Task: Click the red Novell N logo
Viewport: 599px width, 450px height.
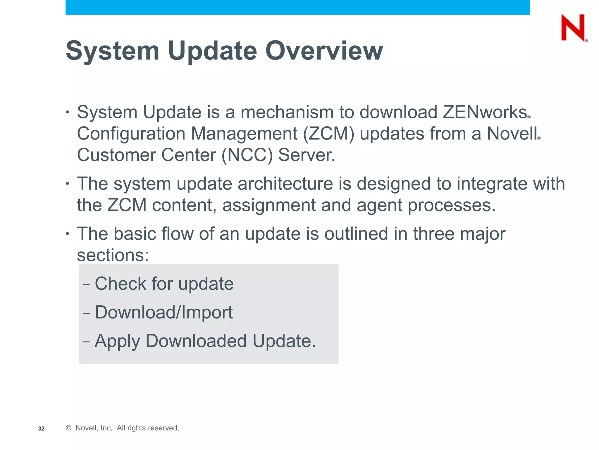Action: coord(573,28)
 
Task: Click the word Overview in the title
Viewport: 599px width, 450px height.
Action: coord(324,51)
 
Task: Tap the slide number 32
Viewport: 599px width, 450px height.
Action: coord(41,429)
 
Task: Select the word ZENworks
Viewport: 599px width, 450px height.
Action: coord(485,112)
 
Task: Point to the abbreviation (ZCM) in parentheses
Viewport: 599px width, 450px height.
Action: coord(328,134)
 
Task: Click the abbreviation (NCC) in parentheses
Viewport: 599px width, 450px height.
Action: coord(247,155)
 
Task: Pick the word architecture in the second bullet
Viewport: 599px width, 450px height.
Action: coord(285,184)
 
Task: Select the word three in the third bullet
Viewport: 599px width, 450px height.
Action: coord(433,234)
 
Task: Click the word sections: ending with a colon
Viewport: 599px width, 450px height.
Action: coord(113,255)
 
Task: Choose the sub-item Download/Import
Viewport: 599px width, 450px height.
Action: coord(164,312)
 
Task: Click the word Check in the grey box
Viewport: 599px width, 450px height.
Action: coord(120,284)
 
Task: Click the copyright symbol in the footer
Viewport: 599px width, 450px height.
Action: coord(69,428)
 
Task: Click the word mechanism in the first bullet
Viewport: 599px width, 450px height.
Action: coord(287,112)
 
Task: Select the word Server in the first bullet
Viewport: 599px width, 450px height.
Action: coord(306,155)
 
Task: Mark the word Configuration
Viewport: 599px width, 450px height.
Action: coord(131,134)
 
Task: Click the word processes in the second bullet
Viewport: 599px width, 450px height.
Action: coord(452,205)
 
